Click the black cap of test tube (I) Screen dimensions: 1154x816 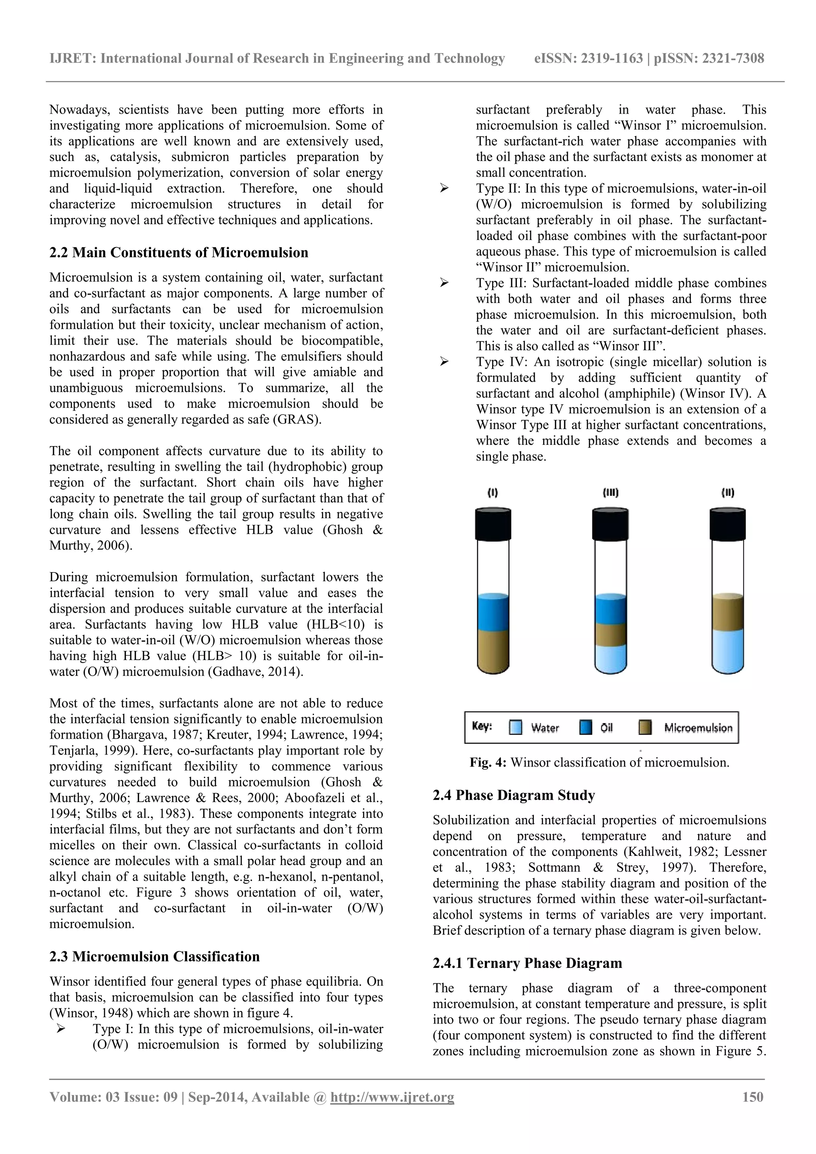(x=493, y=524)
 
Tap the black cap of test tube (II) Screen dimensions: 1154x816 (x=727, y=524)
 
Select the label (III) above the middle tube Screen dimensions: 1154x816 (x=610, y=493)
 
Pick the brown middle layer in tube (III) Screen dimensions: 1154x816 (x=610, y=634)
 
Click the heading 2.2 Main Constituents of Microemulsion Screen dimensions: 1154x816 (x=178, y=252)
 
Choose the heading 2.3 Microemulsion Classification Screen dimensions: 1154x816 (x=154, y=956)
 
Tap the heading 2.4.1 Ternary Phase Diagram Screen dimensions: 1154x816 (x=527, y=963)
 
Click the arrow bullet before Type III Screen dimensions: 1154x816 (x=444, y=283)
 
